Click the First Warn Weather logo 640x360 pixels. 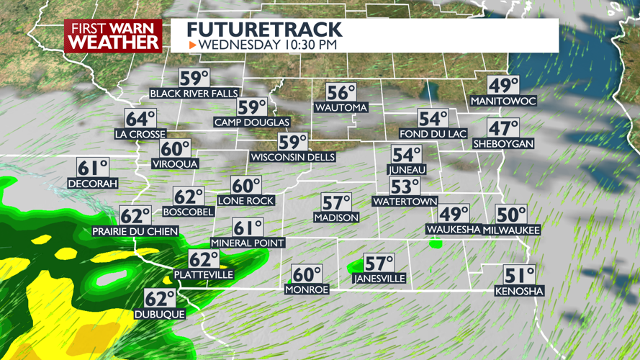click(x=113, y=35)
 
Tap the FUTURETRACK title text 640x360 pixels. click(x=264, y=30)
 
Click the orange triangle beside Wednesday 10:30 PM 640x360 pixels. click(x=192, y=45)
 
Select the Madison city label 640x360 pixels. click(x=336, y=217)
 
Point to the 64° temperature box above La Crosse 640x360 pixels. click(x=140, y=119)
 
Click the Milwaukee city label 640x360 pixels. click(x=511, y=230)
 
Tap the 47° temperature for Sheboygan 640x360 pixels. click(x=503, y=129)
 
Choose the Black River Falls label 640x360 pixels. click(x=194, y=94)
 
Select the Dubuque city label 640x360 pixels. click(x=160, y=314)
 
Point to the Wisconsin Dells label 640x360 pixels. click(x=293, y=157)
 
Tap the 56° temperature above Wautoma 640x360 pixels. click(x=341, y=93)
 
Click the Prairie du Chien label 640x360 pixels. click(x=135, y=231)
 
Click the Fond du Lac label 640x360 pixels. click(x=433, y=134)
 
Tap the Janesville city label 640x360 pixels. click(x=379, y=279)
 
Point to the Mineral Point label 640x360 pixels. click(x=248, y=243)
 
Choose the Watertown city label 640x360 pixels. click(x=405, y=202)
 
